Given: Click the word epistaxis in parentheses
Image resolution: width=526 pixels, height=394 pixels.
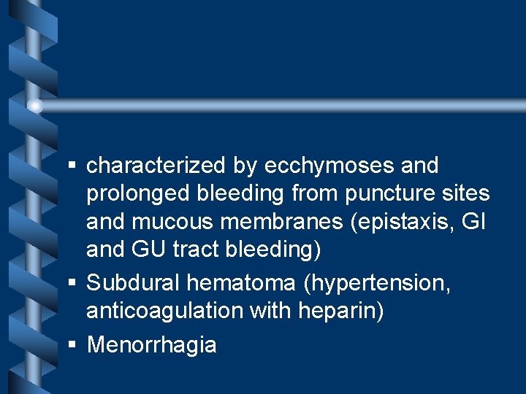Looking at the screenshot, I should (x=393, y=222).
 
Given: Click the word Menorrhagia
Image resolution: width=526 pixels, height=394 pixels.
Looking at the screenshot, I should (x=151, y=344).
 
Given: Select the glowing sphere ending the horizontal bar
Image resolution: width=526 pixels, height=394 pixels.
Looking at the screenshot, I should (x=34, y=107).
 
